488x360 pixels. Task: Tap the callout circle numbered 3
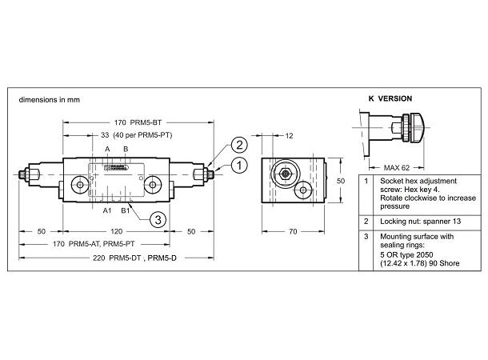[x=158, y=218]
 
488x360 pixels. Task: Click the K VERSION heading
[x=390, y=98]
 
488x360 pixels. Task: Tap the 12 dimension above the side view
[x=290, y=135]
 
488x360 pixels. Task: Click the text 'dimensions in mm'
[x=50, y=100]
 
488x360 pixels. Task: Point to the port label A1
[x=106, y=210]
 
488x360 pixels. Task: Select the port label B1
[x=125, y=210]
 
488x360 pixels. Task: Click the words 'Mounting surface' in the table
[x=406, y=238]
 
